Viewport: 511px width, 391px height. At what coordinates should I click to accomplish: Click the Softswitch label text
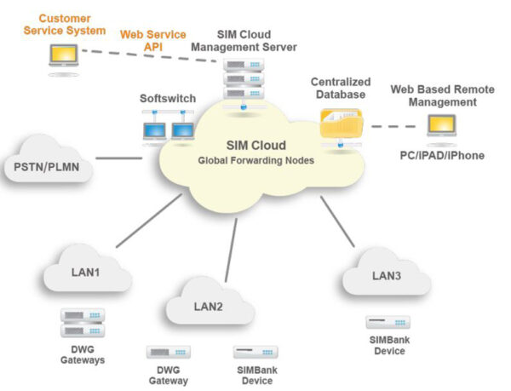tap(168, 99)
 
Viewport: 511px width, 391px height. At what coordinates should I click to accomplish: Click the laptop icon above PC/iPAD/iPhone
tap(442, 127)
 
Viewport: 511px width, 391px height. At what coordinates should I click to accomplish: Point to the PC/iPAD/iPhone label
tap(443, 156)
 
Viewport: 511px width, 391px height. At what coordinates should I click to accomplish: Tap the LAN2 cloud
tap(208, 305)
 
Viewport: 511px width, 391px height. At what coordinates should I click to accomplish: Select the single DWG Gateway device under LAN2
tap(168, 352)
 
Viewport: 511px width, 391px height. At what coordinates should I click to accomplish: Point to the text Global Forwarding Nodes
tap(255, 159)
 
